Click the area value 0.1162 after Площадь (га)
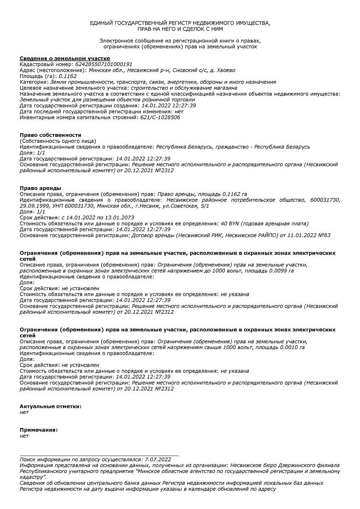[x=67, y=76]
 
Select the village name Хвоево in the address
[x=224, y=70]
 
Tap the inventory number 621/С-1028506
[x=160, y=117]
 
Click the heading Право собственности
[x=51, y=135]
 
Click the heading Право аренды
[x=40, y=188]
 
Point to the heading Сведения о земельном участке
[x=65, y=58]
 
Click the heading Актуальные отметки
[x=51, y=406]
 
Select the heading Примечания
[x=39, y=430]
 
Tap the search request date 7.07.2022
[x=157, y=459]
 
